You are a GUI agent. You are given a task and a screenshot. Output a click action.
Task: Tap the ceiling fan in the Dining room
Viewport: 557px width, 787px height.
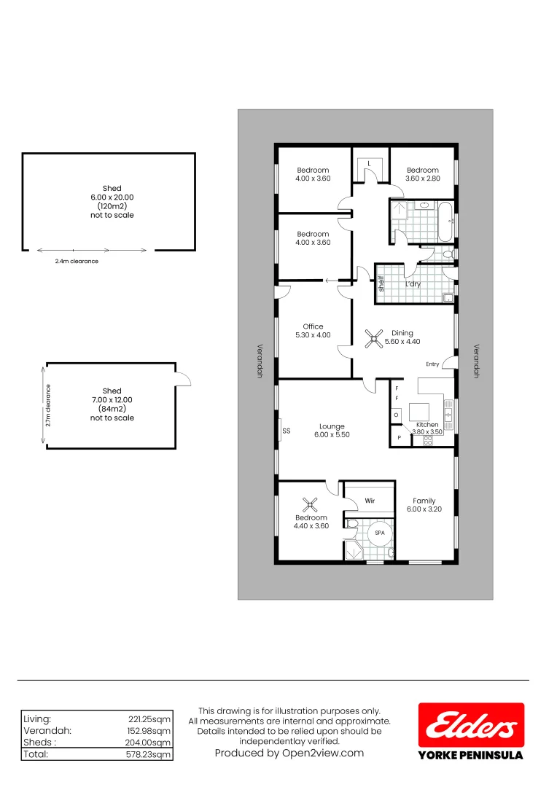[374, 337]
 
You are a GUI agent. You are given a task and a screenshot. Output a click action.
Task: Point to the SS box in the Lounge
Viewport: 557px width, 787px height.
[286, 431]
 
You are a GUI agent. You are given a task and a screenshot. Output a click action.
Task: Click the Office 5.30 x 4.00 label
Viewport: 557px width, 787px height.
[313, 331]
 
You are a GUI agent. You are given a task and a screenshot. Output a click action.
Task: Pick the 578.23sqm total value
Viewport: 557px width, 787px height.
[149, 754]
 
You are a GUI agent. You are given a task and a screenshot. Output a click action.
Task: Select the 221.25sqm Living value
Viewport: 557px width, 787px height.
[149, 719]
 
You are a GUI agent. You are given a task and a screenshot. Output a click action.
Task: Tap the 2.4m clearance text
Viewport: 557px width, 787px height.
[77, 261]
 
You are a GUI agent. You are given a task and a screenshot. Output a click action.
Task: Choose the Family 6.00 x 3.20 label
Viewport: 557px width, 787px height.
[424, 505]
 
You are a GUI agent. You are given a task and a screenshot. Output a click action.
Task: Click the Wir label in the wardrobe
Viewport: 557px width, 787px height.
[370, 501]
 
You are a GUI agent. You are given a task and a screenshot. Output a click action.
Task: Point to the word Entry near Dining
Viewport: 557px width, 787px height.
[433, 364]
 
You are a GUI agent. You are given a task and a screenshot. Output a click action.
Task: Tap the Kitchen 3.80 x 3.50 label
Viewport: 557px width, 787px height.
[427, 428]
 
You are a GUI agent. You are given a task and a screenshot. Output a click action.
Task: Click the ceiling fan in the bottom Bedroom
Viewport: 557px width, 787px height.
[311, 504]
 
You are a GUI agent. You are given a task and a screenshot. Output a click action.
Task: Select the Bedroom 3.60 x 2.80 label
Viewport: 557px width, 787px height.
[422, 174]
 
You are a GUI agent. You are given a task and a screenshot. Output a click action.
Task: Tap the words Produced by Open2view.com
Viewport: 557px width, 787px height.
[289, 753]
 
